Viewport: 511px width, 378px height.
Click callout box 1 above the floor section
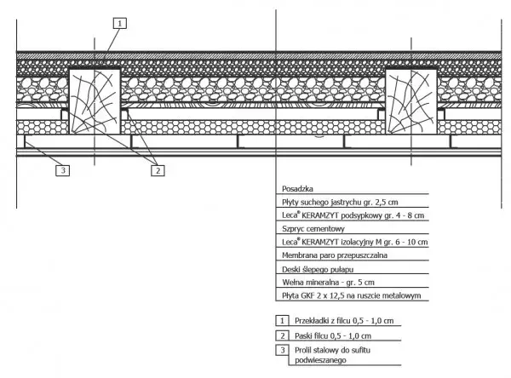[x=120, y=24]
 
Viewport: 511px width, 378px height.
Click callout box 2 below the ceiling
[x=158, y=170]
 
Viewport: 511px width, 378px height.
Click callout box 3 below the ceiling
[x=62, y=170]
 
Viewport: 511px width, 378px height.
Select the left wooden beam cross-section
[x=95, y=101]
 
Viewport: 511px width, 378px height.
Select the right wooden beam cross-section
[x=411, y=101]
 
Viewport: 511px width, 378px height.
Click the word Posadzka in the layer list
[x=297, y=189]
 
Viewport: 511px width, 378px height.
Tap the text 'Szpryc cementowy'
[x=313, y=229]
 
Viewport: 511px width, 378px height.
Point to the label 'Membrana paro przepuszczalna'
[x=335, y=255]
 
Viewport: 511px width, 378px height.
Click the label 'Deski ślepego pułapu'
[x=318, y=270]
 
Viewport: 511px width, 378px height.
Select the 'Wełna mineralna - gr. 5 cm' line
[x=328, y=282]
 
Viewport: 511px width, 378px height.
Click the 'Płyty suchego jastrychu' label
[x=340, y=202]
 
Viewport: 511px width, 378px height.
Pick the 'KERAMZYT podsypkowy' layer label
[x=353, y=215]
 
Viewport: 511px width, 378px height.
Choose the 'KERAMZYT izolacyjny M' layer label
[x=355, y=242]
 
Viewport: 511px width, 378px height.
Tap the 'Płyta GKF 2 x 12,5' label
[x=351, y=295]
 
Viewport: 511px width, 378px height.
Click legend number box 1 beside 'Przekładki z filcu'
[x=282, y=321]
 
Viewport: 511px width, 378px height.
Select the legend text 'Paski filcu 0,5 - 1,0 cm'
[x=333, y=335]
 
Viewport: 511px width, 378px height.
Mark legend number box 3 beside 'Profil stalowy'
[x=282, y=350]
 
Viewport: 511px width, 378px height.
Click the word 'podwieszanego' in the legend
[x=320, y=360]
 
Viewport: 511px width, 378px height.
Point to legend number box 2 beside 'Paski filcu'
[x=282, y=335]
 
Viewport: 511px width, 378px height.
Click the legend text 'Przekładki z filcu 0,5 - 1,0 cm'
[x=344, y=321]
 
